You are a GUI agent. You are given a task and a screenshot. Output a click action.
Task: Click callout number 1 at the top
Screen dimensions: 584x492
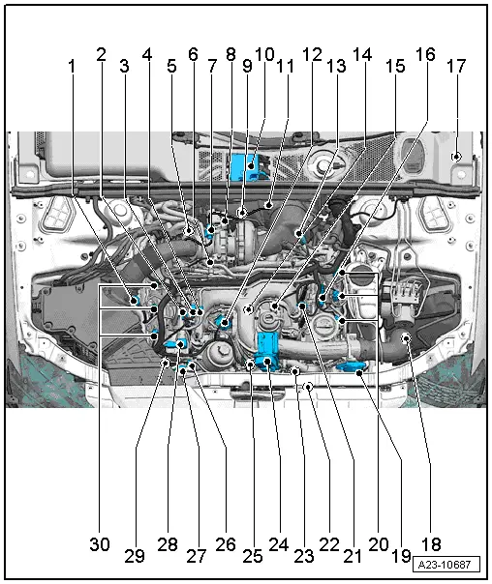[x=72, y=67]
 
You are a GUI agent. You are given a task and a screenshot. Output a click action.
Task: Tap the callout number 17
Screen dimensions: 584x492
[x=455, y=67]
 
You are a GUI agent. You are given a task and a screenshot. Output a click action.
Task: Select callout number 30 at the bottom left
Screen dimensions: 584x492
[x=100, y=544]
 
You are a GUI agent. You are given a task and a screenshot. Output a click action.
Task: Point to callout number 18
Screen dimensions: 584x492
[x=430, y=544]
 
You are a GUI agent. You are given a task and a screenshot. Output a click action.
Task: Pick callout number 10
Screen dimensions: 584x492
[x=264, y=54]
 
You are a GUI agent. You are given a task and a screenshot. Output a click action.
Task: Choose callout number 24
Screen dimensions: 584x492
[x=278, y=544]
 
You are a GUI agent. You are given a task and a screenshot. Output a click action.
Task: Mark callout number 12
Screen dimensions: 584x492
[x=312, y=55]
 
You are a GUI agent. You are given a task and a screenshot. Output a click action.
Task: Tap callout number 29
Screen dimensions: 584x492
[x=135, y=556]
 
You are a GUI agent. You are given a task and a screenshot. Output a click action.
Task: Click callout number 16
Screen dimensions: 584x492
[x=425, y=55]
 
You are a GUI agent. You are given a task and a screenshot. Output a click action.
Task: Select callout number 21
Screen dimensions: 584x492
[x=352, y=556]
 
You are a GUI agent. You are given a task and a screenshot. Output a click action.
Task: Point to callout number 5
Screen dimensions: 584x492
[x=171, y=67]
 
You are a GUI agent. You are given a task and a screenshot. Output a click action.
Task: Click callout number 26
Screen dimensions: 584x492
[x=225, y=544]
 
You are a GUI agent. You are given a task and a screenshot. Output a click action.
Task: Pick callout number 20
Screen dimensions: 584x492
[x=378, y=544]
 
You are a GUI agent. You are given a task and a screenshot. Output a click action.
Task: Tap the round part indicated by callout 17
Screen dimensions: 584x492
[x=456, y=156]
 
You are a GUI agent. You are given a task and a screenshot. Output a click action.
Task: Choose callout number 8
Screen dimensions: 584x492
[x=231, y=55]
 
